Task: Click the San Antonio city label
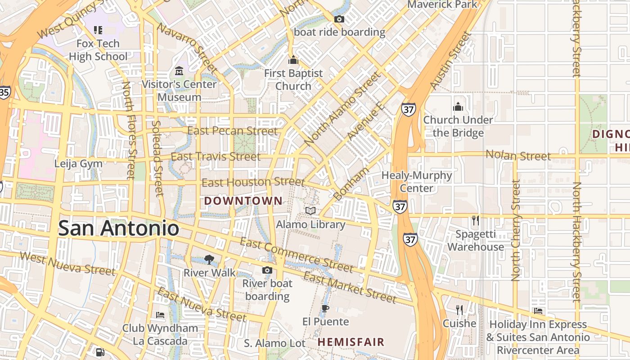pyautogui.click(x=119, y=228)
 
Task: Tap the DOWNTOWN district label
pyautogui.click(x=243, y=201)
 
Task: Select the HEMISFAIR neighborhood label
pyautogui.click(x=351, y=342)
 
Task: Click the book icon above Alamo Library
pyautogui.click(x=310, y=210)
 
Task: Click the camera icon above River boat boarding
pyautogui.click(x=267, y=270)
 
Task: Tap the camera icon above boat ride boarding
pyautogui.click(x=339, y=19)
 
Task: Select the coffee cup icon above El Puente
pyautogui.click(x=325, y=308)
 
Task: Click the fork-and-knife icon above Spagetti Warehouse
pyautogui.click(x=475, y=220)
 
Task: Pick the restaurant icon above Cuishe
pyautogui.click(x=459, y=310)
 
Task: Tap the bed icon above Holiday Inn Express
pyautogui.click(x=538, y=311)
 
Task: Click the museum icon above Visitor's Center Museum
pyautogui.click(x=179, y=71)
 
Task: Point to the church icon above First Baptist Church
pyautogui.click(x=293, y=59)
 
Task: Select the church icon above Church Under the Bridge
pyautogui.click(x=458, y=107)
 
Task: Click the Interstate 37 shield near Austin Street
pyautogui.click(x=409, y=109)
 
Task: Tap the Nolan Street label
pyautogui.click(x=518, y=156)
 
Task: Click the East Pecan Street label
pyautogui.click(x=232, y=131)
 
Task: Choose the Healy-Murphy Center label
pyautogui.click(x=416, y=181)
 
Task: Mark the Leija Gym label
pyautogui.click(x=78, y=163)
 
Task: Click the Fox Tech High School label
pyautogui.click(x=98, y=50)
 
